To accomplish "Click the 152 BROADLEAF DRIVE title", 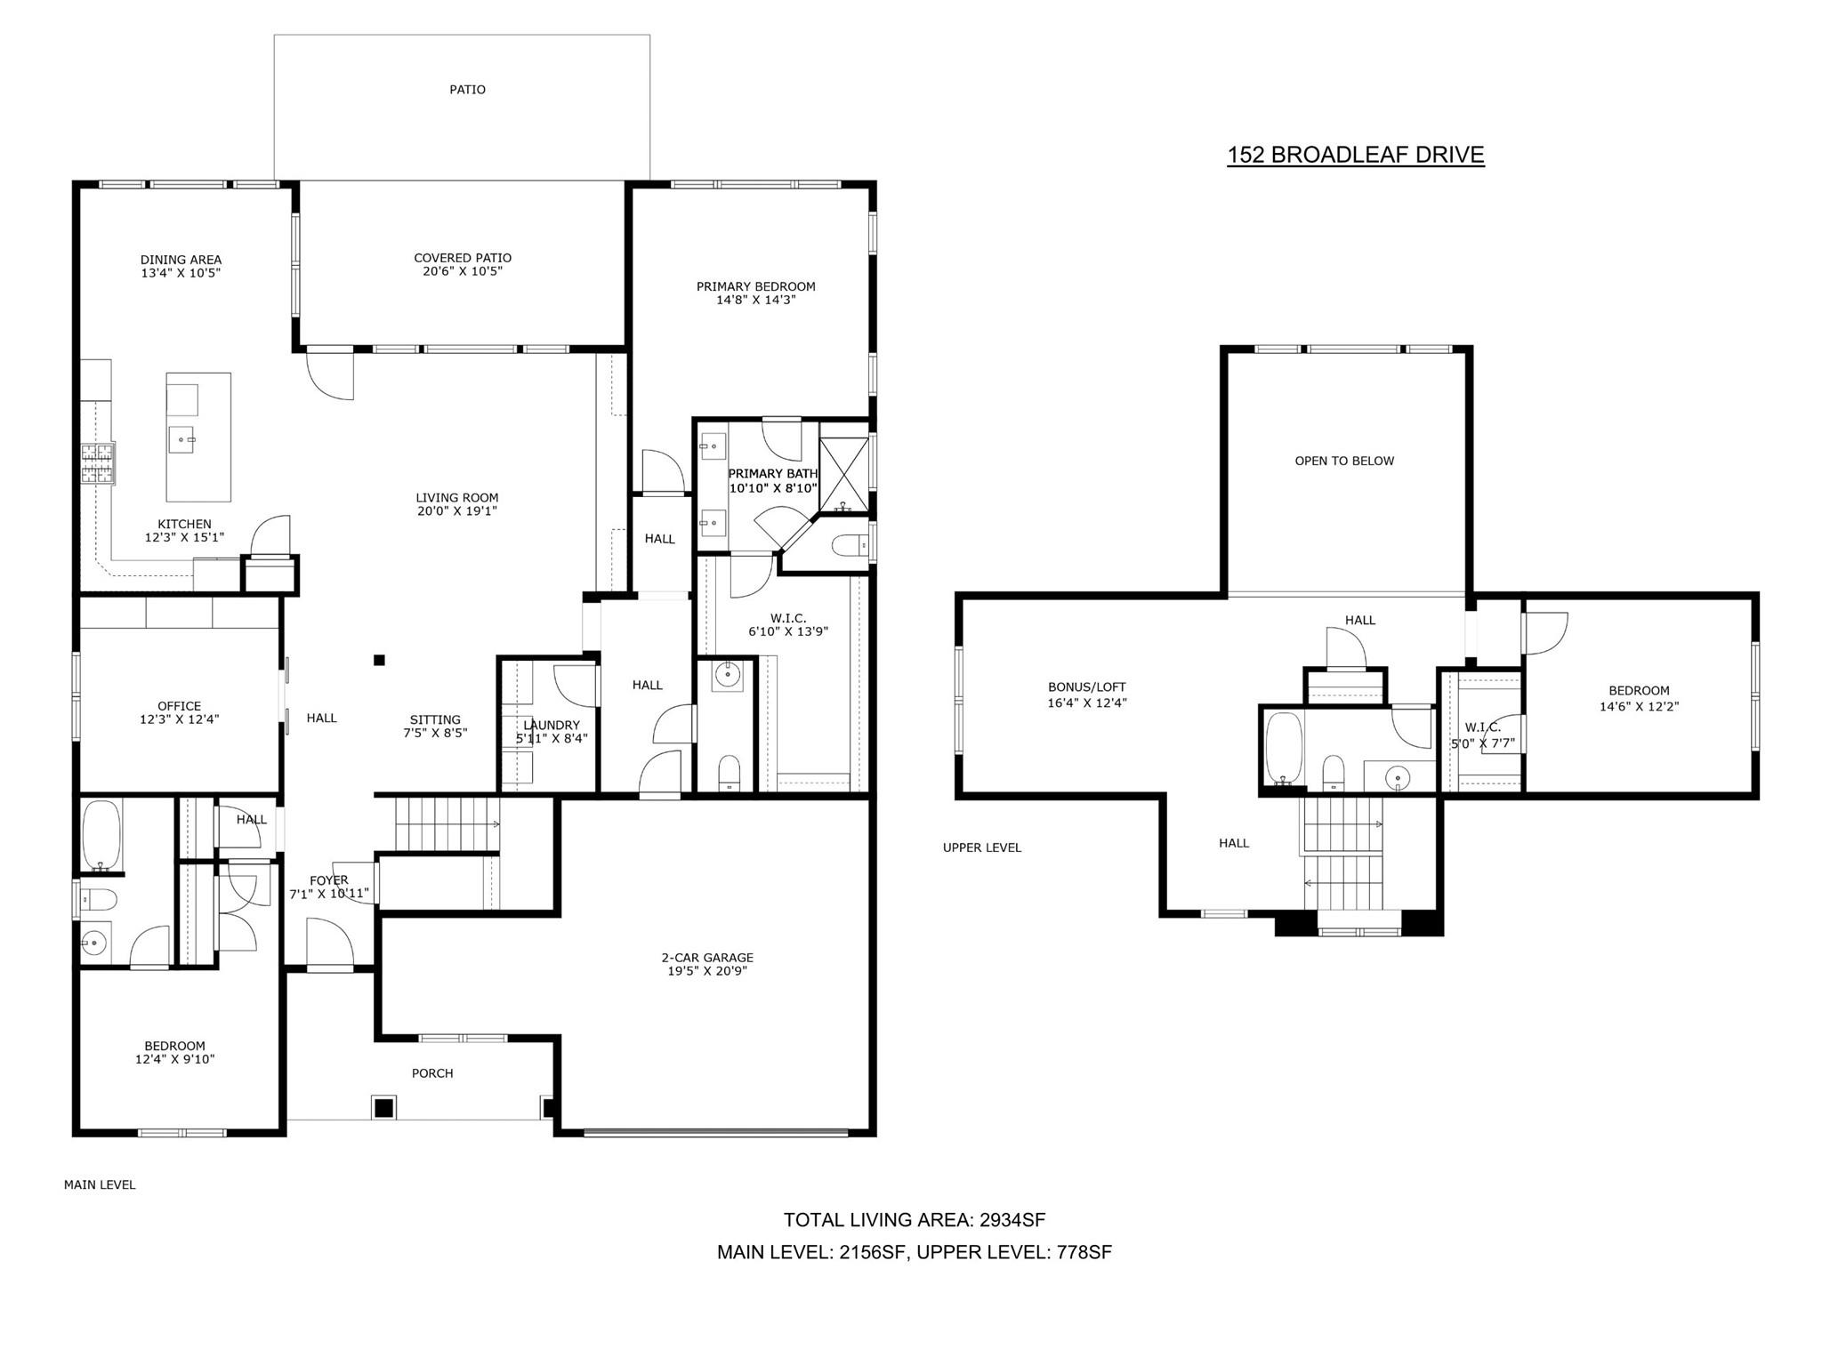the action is (1356, 155).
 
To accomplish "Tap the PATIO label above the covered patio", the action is (467, 90).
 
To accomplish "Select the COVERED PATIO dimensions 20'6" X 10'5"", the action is (463, 271).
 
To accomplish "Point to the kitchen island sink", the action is (185, 439).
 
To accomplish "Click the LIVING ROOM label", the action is (457, 498).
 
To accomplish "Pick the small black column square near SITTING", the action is (379, 660).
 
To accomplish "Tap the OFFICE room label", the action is (180, 706).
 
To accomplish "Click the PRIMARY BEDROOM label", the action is (756, 286).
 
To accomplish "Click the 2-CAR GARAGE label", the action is (707, 958).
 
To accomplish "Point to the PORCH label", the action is (432, 1073).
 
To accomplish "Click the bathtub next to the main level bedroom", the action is (101, 835).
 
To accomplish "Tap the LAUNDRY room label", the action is (552, 725).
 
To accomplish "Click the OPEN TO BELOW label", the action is (1344, 461).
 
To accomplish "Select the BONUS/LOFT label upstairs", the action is (1087, 687).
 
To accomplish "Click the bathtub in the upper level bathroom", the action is (1283, 750).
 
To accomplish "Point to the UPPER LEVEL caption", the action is (982, 847).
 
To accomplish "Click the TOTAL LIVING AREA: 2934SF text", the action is (915, 1220).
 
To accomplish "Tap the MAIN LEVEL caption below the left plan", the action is (100, 1184).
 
